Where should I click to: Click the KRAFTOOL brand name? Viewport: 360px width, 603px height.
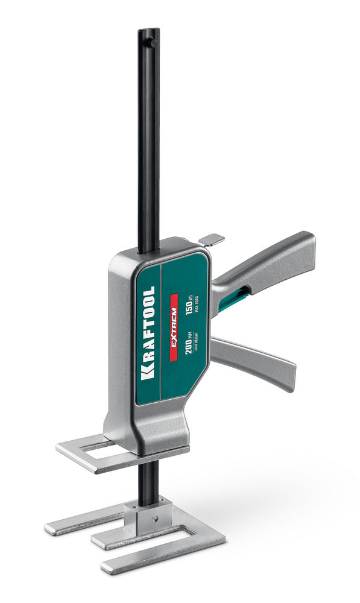148,333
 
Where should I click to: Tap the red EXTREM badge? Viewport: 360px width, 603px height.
174,327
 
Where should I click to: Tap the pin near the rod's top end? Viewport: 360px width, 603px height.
153,42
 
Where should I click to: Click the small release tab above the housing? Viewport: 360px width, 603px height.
211,239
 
